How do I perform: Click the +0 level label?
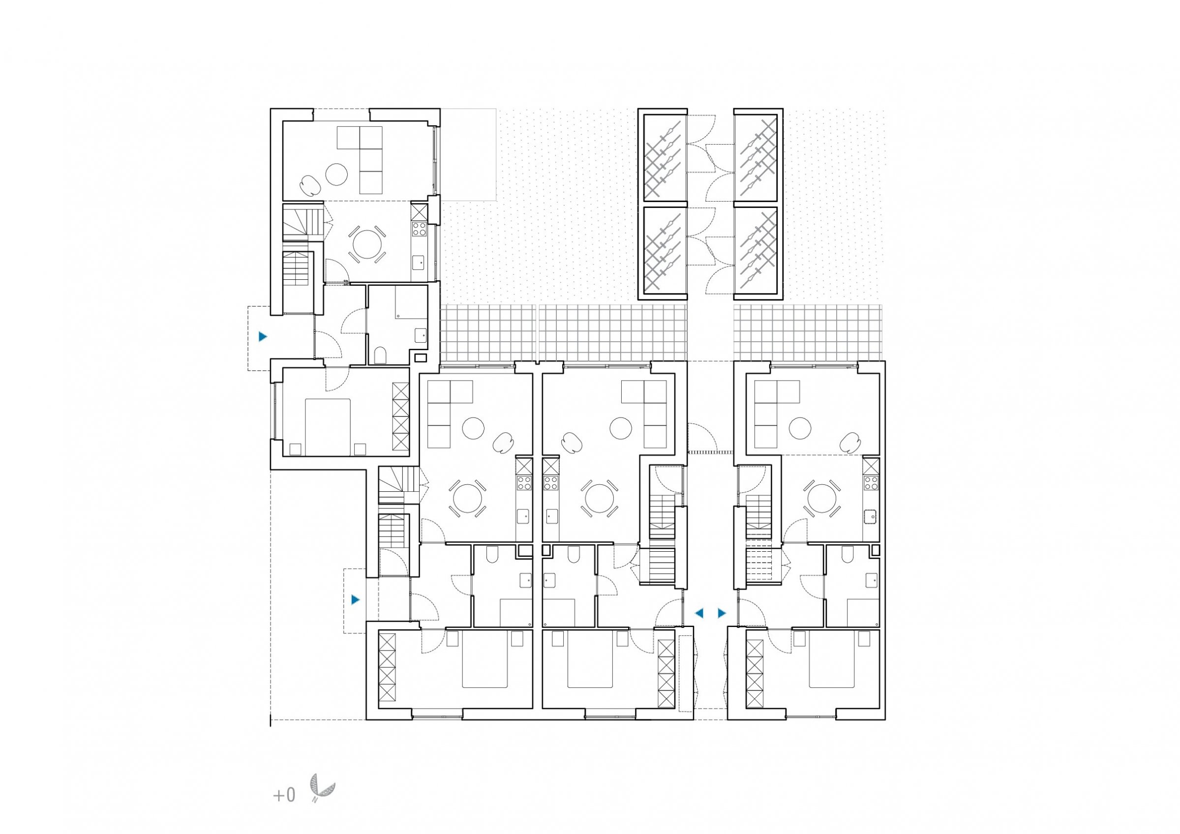[284, 796]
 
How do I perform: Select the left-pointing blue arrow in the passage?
[699, 613]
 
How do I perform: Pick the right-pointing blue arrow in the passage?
[722, 613]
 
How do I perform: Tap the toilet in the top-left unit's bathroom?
[381, 356]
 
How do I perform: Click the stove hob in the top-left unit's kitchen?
[419, 228]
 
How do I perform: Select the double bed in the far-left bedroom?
[328, 427]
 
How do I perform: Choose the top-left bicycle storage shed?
[663, 155]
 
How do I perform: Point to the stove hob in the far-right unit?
[871, 482]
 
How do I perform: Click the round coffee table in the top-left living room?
[336, 175]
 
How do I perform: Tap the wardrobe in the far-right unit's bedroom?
[755, 673]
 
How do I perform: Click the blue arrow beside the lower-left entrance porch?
[356, 599]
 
